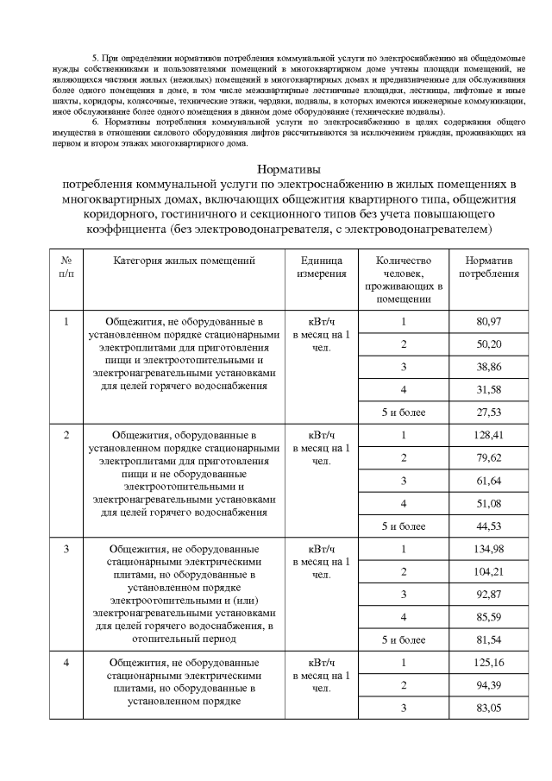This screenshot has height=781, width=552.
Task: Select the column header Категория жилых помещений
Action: coord(185,260)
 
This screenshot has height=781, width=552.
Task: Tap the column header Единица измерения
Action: coord(322,267)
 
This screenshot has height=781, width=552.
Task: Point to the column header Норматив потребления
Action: coord(488,267)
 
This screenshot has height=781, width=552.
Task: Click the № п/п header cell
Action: coord(66,267)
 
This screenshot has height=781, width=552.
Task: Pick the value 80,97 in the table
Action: coord(488,322)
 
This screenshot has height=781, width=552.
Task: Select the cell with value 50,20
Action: coord(488,344)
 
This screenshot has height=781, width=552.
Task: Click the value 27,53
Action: coord(488,413)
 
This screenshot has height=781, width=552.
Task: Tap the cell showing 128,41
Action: coord(488,435)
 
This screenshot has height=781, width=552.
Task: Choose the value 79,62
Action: coord(488,457)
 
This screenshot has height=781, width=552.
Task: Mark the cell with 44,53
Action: coord(488,526)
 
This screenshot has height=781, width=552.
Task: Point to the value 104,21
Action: coord(488,571)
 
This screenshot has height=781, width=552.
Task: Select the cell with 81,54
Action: coord(488,639)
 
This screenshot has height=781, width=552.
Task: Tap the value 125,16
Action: coord(488,662)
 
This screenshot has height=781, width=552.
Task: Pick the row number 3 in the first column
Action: coord(66,549)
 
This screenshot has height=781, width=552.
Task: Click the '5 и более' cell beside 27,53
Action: coord(404,413)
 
